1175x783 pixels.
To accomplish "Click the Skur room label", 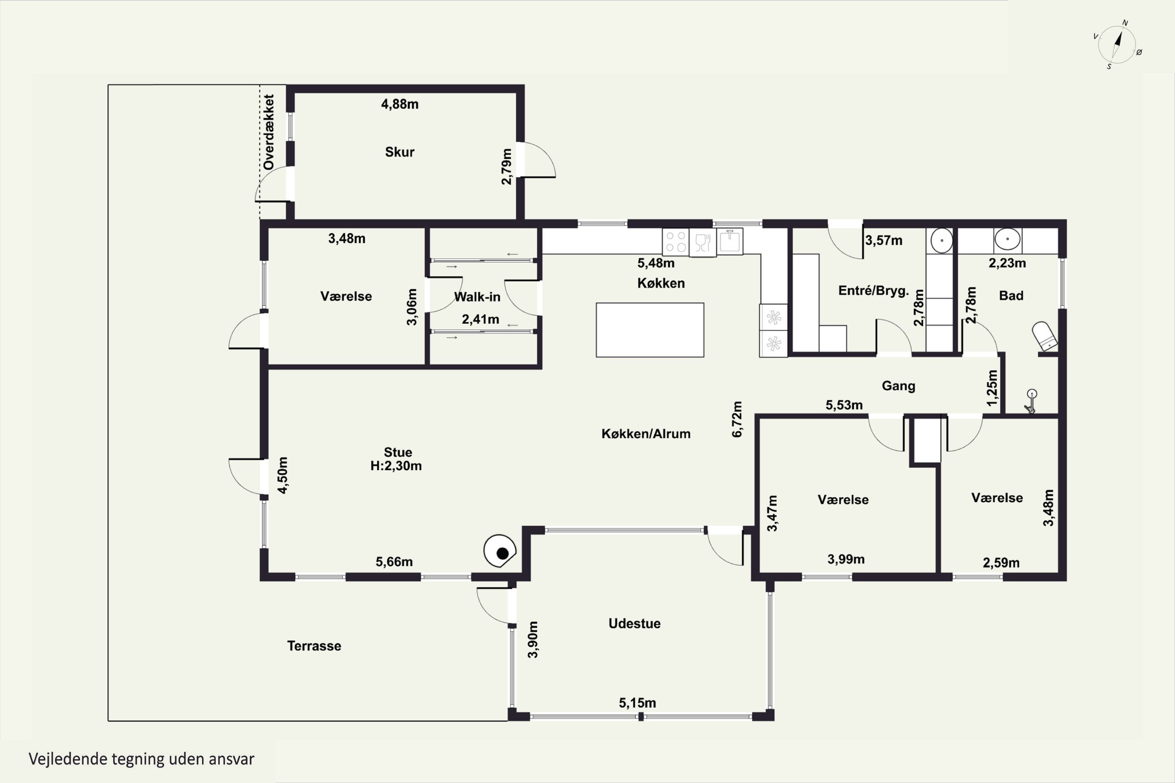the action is [x=399, y=152].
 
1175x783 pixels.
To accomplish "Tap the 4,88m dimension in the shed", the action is [x=399, y=104].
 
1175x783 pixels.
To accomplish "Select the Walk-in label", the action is [x=477, y=297].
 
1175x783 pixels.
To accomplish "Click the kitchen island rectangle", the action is [x=650, y=330].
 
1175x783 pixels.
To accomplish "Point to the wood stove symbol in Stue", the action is [x=500, y=551].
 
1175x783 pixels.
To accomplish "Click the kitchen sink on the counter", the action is [x=730, y=241].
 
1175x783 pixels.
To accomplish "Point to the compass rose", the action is [x=1117, y=45].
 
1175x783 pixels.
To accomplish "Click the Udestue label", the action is [x=634, y=623].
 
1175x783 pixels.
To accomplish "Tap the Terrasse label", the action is [x=314, y=646].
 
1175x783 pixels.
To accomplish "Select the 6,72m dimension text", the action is [x=737, y=419].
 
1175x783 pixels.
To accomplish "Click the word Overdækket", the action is [x=268, y=132].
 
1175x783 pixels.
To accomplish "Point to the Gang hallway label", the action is [x=898, y=386].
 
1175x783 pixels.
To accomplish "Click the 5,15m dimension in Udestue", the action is [x=638, y=703].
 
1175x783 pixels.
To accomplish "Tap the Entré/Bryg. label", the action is [x=873, y=290].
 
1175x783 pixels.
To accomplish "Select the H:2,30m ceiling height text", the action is [x=396, y=466].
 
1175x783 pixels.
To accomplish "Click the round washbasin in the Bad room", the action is [x=1007, y=239].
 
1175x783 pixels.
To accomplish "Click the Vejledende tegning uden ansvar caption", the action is [x=141, y=759].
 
